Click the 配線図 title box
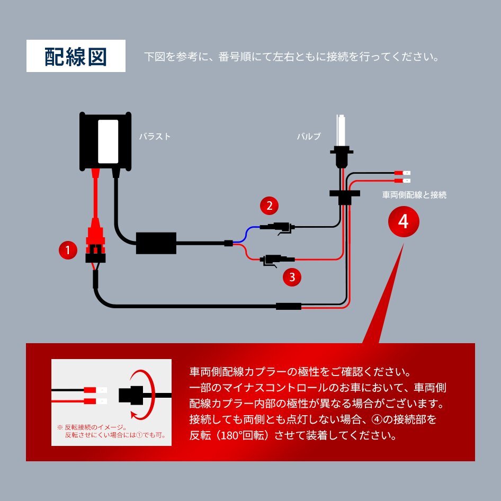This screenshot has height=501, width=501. pos(76,56)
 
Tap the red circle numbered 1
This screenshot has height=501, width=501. pos(67,250)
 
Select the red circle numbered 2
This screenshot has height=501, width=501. pos(269,205)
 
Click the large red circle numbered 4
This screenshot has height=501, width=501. pos(404,222)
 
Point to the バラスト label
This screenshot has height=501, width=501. pos(155,137)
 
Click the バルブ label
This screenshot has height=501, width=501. pos(309,137)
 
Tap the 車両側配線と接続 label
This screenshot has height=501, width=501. pos(414,195)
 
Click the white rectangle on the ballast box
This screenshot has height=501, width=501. pos(109,141)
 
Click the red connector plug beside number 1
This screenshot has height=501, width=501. pos(96,234)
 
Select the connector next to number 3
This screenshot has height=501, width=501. pos(273,260)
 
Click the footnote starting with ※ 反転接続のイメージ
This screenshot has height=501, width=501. pos(111,431)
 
